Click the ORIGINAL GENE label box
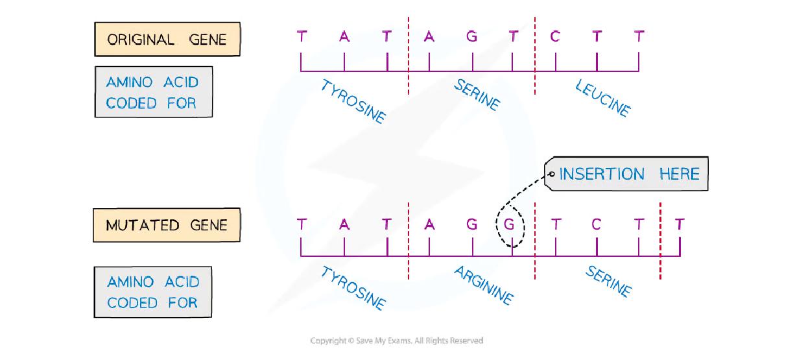tap(167, 40)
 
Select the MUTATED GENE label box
tap(167, 225)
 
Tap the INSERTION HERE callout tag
tap(626, 174)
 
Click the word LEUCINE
tap(602, 99)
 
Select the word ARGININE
tap(483, 285)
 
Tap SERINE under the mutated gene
tap(608, 281)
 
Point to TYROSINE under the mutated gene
tap(353, 288)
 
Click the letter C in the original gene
tap(554, 37)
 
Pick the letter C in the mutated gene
tap(596, 224)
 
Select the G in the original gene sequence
tap(471, 37)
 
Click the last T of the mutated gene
tap(679, 224)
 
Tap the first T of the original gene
tap(301, 37)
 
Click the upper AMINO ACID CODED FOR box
tap(153, 92)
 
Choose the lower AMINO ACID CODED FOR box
tap(153, 292)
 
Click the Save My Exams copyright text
tap(397, 341)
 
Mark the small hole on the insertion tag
tap(551, 174)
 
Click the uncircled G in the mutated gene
tap(471, 224)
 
